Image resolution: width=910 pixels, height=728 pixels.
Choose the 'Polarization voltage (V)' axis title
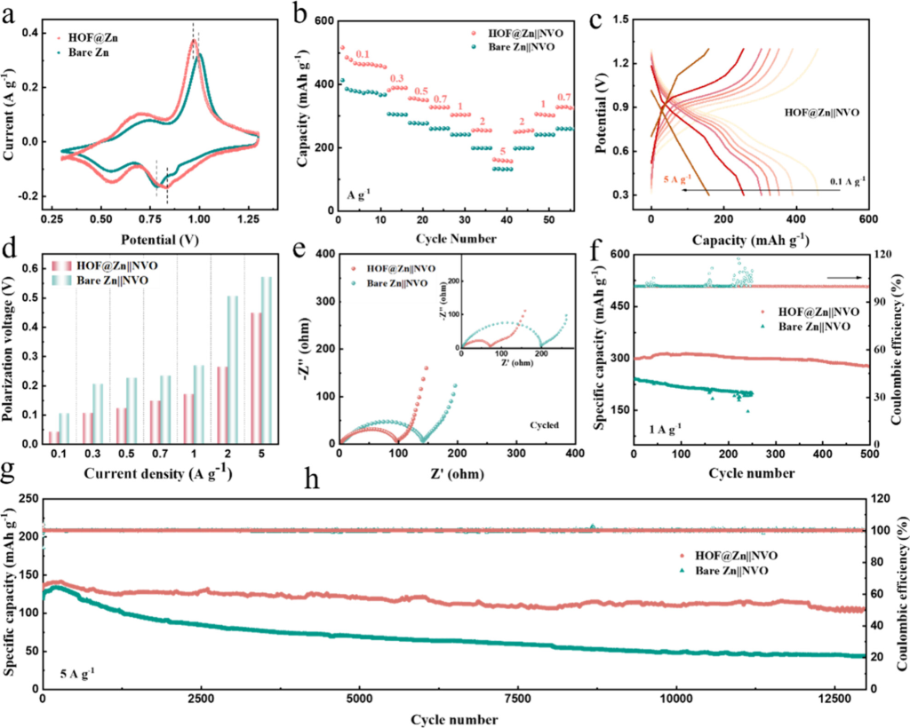(x=13, y=353)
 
